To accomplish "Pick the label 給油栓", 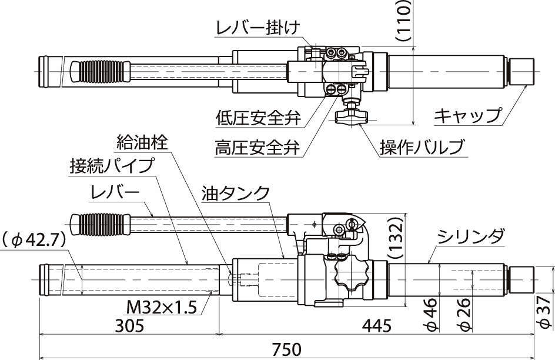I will point(142,142).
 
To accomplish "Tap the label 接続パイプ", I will point(112,165).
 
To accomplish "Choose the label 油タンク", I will point(235,193).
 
